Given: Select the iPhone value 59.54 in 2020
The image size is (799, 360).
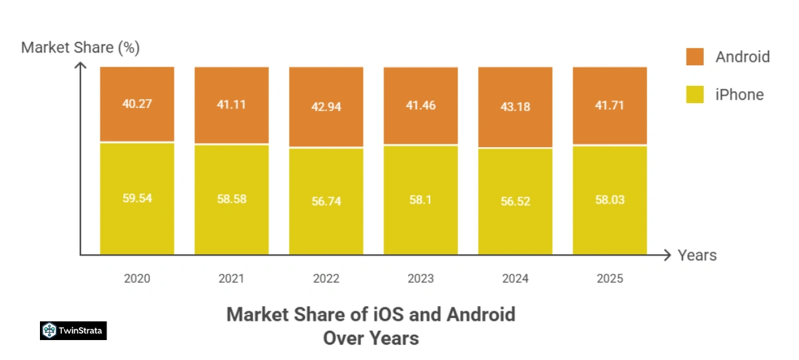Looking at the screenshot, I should click(137, 198).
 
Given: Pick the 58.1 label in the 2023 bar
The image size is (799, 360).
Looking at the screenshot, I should click(421, 199).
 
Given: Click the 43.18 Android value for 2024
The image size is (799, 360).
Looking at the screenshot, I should click(515, 106).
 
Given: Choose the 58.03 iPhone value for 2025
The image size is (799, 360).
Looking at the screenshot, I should click(610, 200).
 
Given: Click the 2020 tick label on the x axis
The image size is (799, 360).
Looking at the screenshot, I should click(137, 278).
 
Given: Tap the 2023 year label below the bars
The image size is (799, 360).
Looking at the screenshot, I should click(421, 278).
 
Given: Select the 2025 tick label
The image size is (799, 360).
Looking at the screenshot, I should click(610, 278).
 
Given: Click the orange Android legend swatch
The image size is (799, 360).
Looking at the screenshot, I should click(694, 57).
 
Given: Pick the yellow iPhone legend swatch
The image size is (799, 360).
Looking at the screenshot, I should click(694, 94).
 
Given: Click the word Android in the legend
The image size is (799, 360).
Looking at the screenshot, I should click(742, 57).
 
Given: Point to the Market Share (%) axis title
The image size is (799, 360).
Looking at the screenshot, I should click(81, 48).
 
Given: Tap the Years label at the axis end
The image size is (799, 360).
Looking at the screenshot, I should click(697, 255).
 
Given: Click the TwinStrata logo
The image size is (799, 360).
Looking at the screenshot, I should click(73, 331).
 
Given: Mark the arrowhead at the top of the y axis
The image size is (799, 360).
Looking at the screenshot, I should click(81, 65).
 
